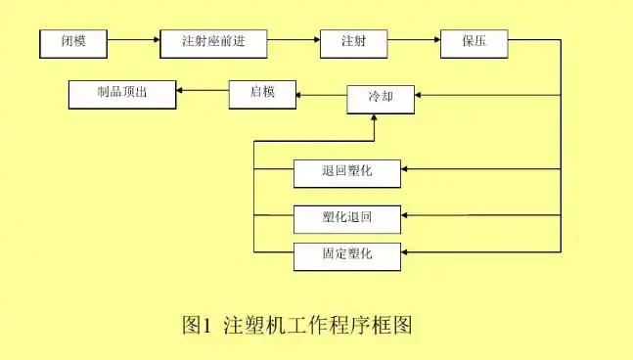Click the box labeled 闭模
[73, 43]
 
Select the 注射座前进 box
[212, 43]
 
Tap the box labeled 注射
[353, 43]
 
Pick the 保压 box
[475, 43]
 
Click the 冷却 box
[380, 97]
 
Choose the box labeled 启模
[261, 93]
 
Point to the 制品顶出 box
[122, 93]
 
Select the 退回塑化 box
[347, 172]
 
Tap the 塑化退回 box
[347, 216]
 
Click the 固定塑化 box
[347, 256]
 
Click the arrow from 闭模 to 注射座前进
[133, 42]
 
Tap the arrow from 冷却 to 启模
[322, 95]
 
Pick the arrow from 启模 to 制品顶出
[203, 93]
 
